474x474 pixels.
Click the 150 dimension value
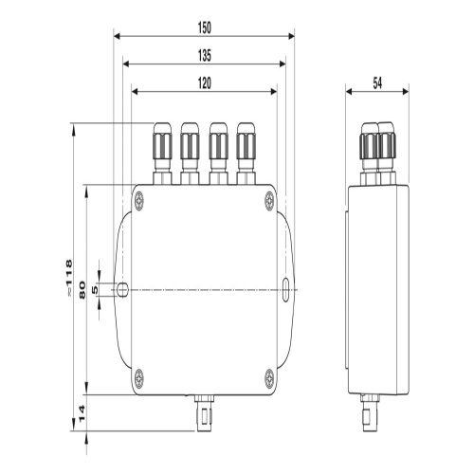pos(205,27)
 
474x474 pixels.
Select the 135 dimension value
pos(205,56)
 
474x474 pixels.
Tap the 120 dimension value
pos(205,83)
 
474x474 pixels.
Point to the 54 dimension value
pos(377,83)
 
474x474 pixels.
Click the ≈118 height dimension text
pos(68,278)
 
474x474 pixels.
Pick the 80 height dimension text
pos(82,290)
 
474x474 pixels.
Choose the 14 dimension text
pos(82,413)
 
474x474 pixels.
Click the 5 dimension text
pos(95,290)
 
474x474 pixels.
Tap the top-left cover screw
pos(138,200)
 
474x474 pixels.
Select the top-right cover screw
pos(269,200)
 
